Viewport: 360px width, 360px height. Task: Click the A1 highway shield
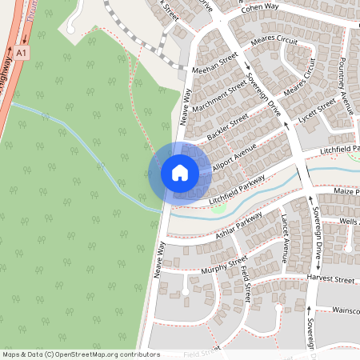[x=21, y=52]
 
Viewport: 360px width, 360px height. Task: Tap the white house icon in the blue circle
[x=180, y=172]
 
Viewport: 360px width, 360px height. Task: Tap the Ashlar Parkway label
[x=238, y=226]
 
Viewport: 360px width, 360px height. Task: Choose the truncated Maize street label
[x=347, y=192]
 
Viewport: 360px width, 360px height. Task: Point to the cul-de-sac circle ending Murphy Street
[x=186, y=292]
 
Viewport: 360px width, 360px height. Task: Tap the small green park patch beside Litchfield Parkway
[x=218, y=209]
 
